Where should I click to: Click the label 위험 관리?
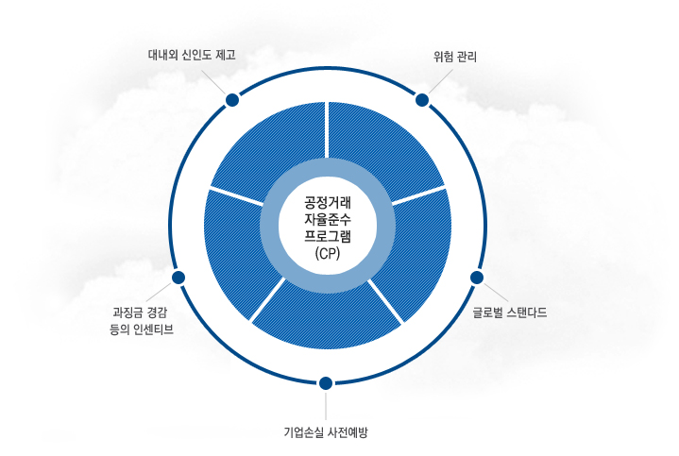point(449,57)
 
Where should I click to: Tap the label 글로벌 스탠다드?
point(510,311)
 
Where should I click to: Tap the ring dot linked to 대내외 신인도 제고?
point(231,99)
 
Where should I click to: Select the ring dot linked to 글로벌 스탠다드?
point(476,278)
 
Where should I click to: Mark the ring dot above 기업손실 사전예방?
point(326,382)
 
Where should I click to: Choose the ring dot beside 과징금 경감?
point(178,278)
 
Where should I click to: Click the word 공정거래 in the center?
point(327,202)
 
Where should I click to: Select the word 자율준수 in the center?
point(327,219)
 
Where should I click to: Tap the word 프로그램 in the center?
point(327,236)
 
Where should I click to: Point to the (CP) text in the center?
point(327,253)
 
